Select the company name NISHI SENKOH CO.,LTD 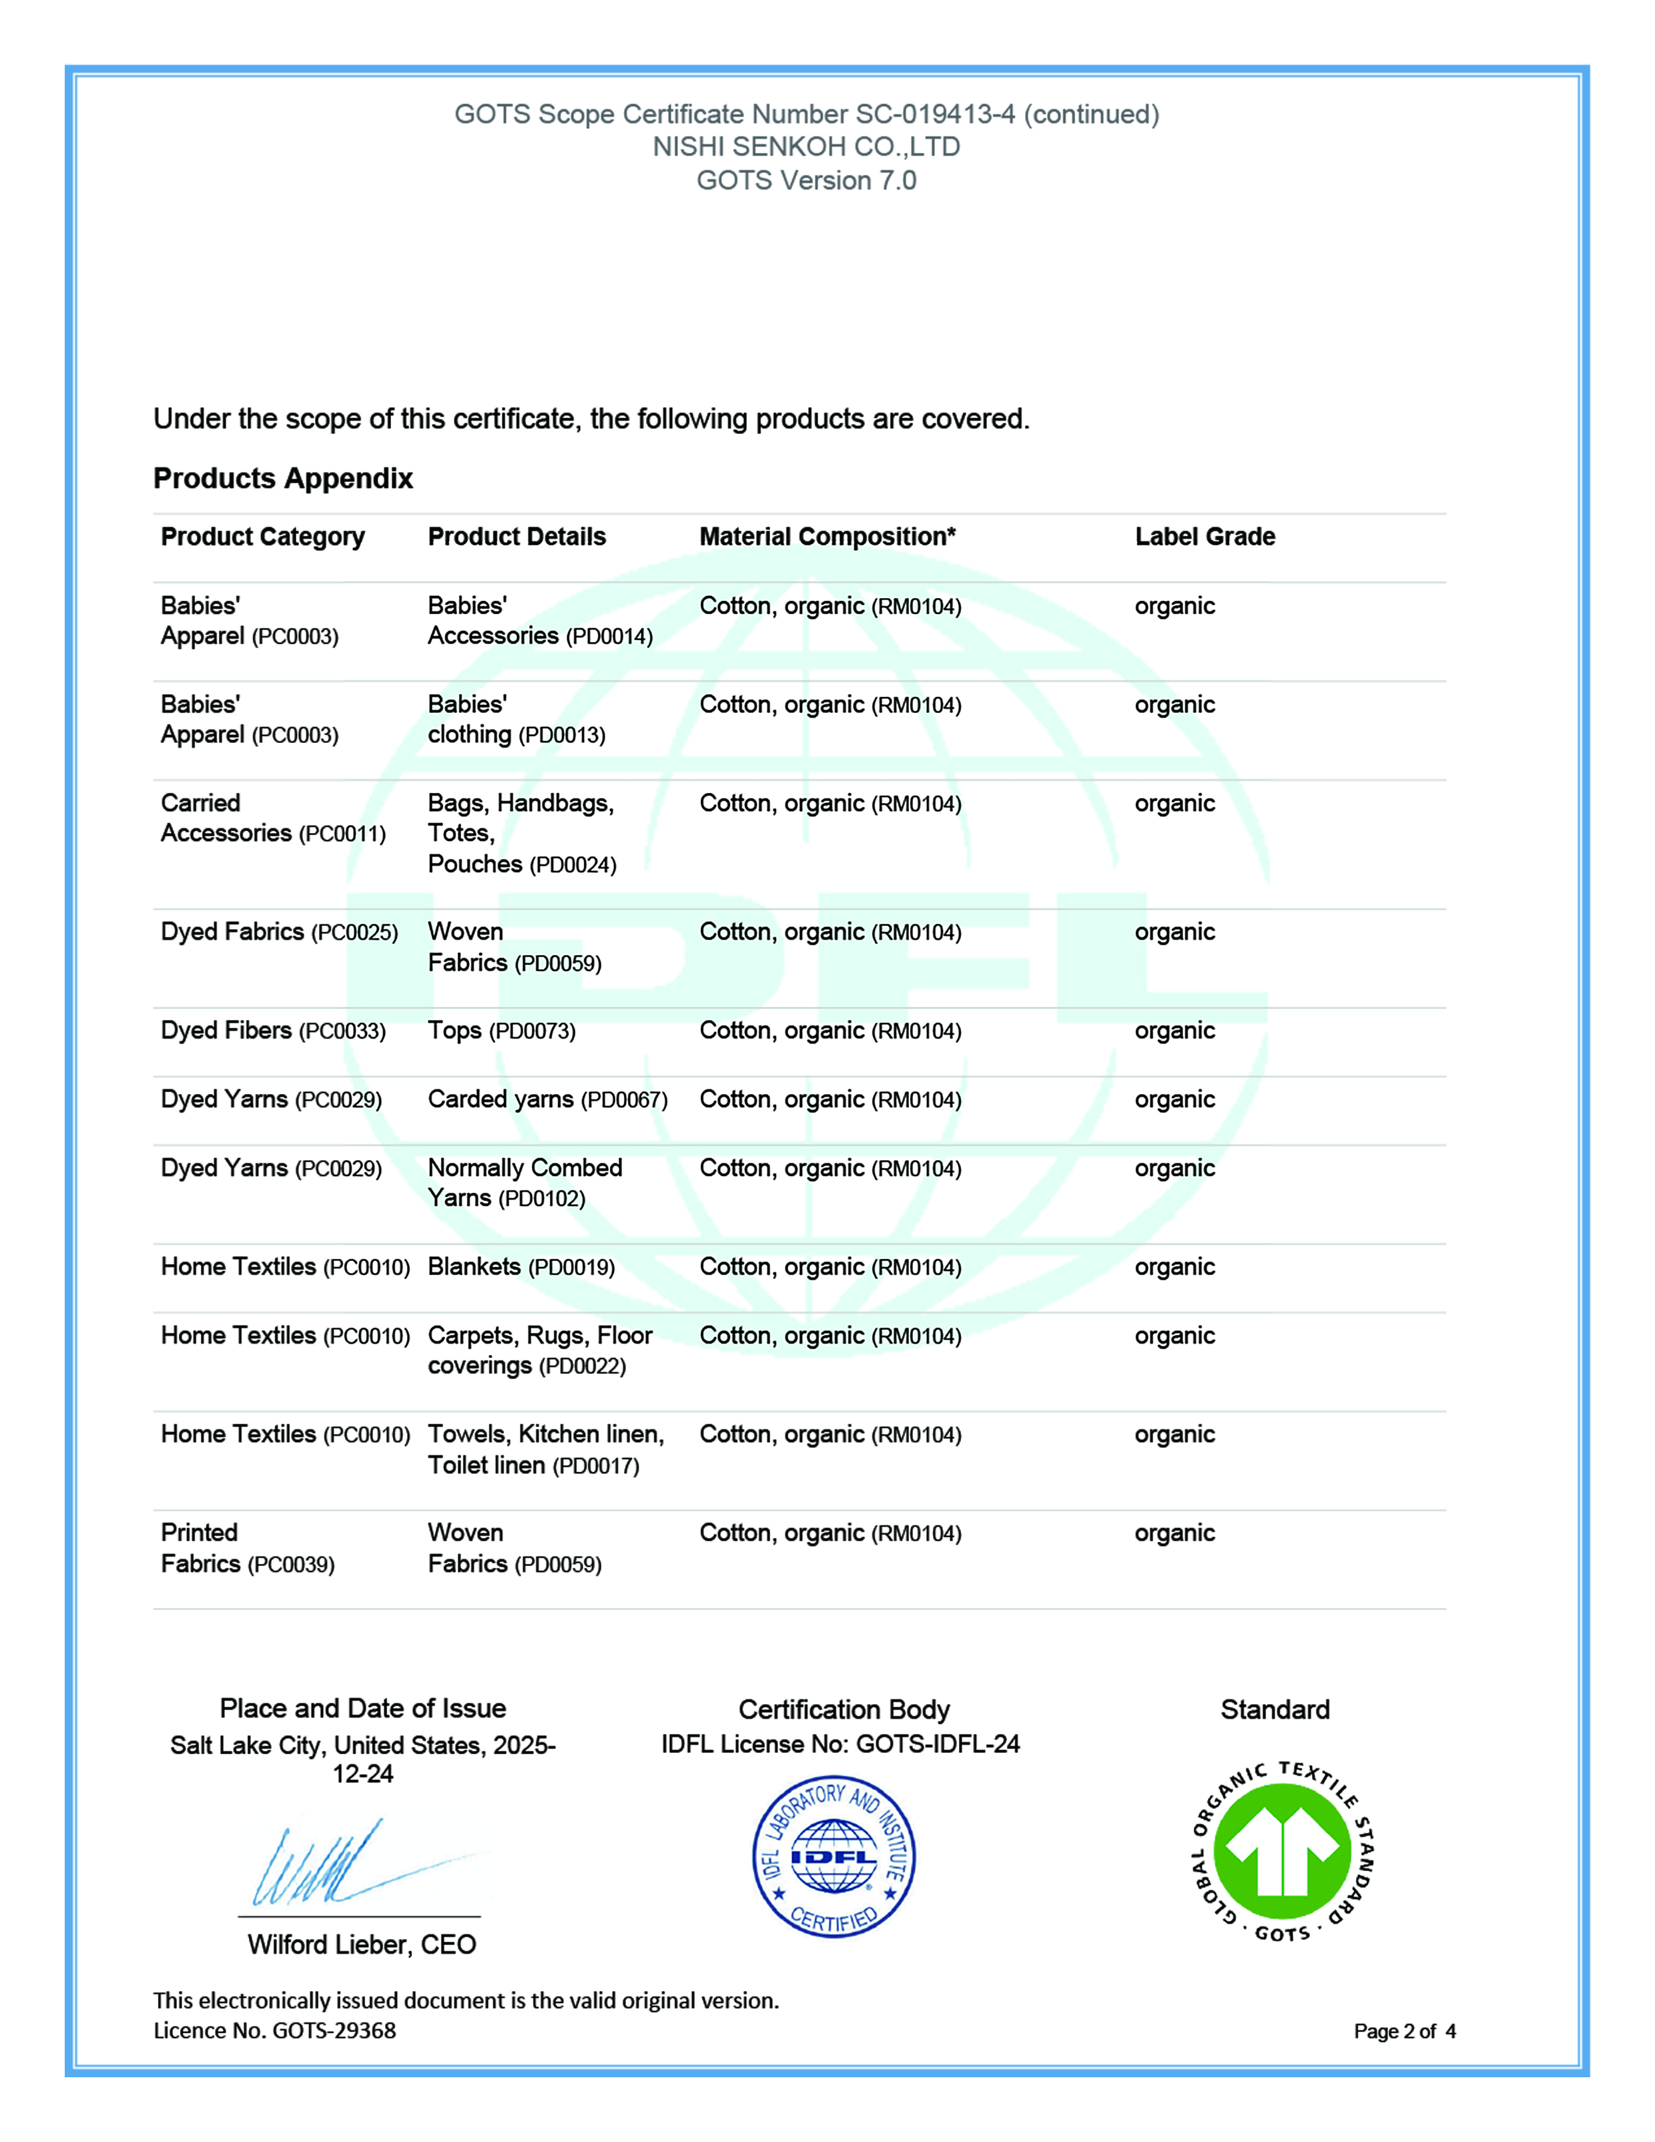[x=806, y=147]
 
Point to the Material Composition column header [x=827, y=537]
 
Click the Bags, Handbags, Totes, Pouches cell [x=522, y=834]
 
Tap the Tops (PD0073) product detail [x=501, y=1031]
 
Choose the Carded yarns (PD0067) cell [x=547, y=1099]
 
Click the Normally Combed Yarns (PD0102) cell [x=525, y=1183]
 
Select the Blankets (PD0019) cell [x=521, y=1267]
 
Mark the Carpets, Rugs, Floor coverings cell [x=539, y=1350]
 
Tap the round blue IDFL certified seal [x=834, y=1856]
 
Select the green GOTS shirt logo [x=1283, y=1852]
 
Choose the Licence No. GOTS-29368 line [x=274, y=2030]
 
